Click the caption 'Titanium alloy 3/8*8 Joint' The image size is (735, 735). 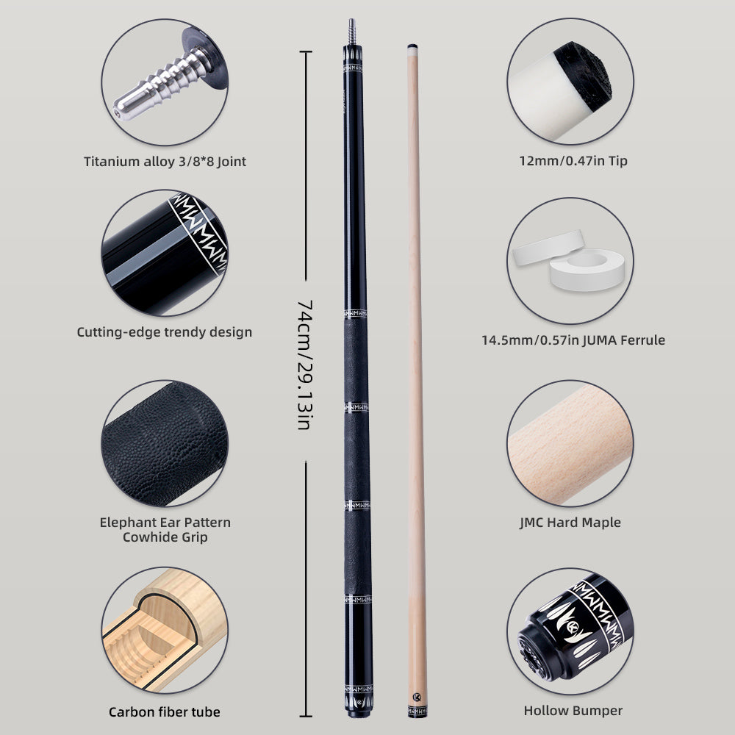coord(165,162)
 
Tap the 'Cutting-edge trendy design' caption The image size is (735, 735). coord(165,332)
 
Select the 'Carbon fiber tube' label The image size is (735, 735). coord(165,712)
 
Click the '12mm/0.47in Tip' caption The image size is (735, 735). coord(573,161)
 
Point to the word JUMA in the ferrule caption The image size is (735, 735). coord(600,340)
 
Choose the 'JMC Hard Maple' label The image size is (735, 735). coord(570,522)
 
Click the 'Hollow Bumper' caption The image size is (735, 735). coord(573,711)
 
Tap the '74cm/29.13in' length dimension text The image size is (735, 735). coord(305,365)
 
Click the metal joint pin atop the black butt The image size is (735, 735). coord(351,32)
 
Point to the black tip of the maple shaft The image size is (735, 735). coord(412,46)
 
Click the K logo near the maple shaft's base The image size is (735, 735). coord(416,697)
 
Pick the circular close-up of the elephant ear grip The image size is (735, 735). coord(165,443)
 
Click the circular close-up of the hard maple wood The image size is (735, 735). coord(570,443)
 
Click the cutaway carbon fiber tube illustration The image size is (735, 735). coord(165,630)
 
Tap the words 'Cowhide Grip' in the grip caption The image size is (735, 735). coord(165,537)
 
